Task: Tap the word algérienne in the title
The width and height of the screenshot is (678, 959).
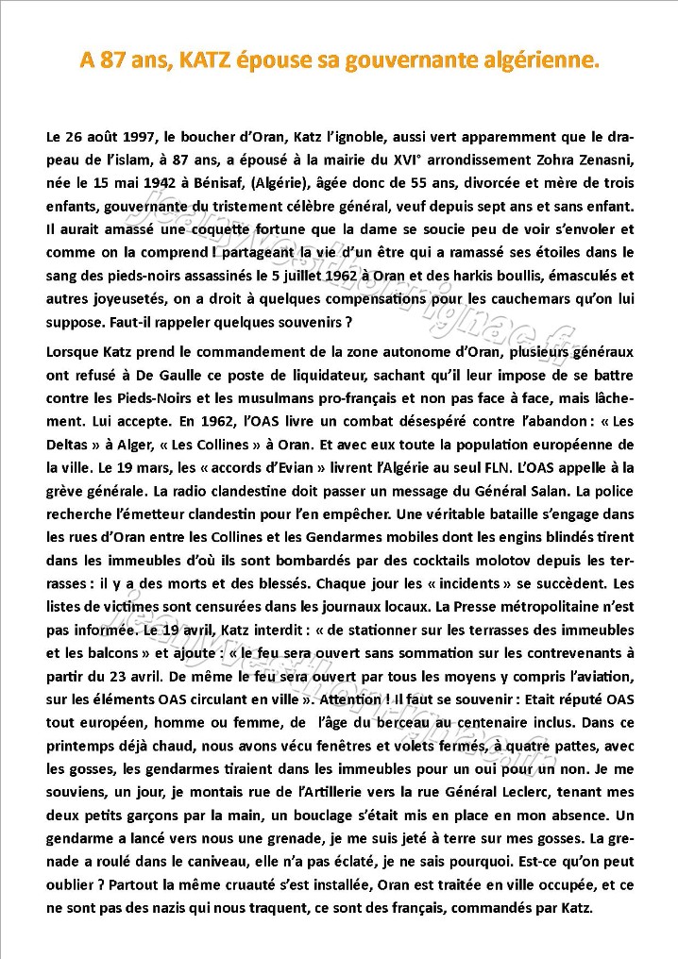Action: click(x=535, y=61)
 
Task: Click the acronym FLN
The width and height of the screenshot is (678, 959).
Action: click(x=496, y=466)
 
